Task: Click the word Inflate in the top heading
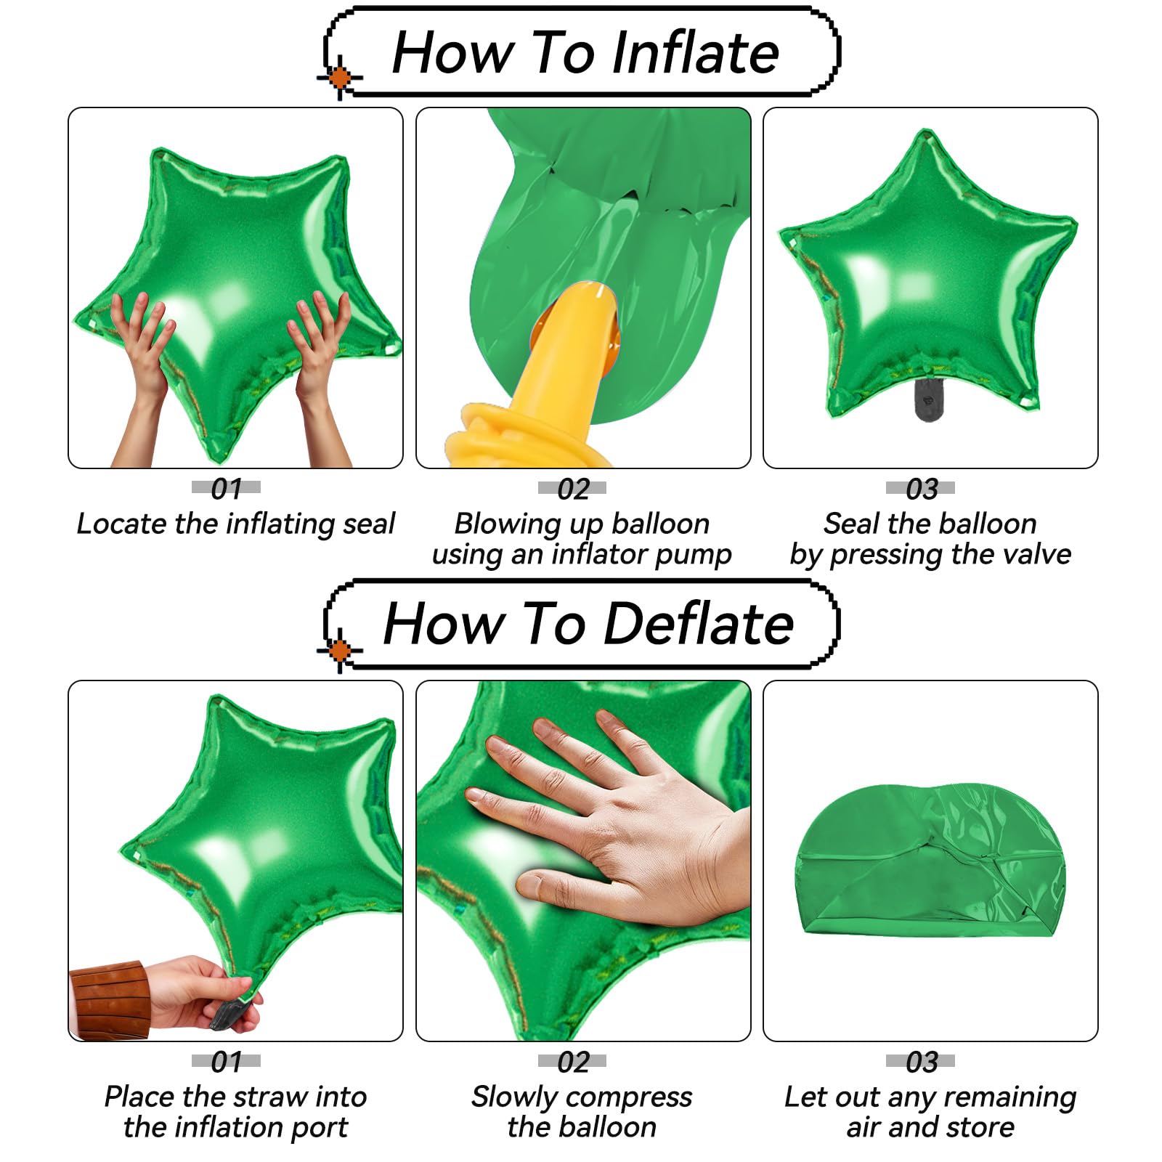tap(695, 53)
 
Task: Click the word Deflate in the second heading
tap(698, 624)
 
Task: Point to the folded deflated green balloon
tap(931, 860)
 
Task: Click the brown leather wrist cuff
tap(109, 999)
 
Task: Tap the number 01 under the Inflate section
tap(227, 489)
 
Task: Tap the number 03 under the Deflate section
tap(922, 1063)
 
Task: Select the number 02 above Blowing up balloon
tap(573, 489)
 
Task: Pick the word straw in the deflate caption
tap(264, 1097)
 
